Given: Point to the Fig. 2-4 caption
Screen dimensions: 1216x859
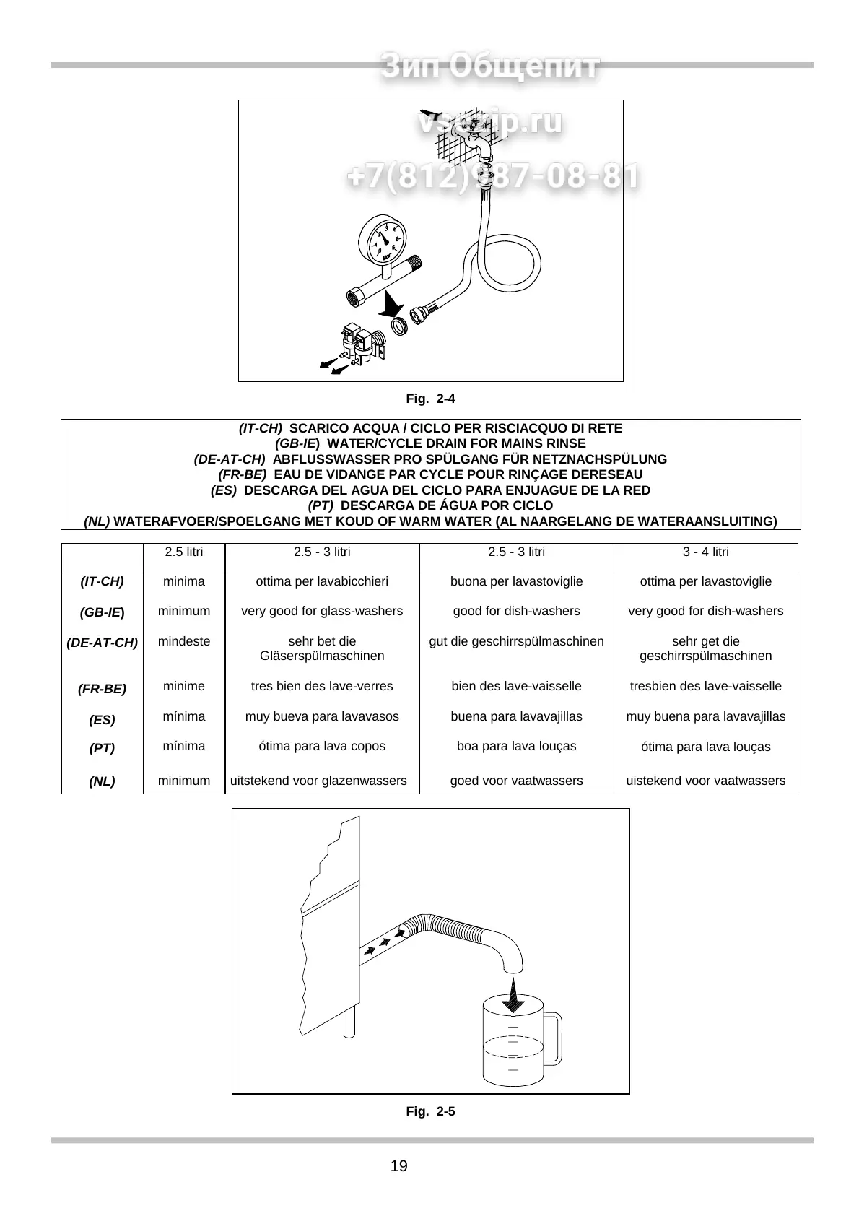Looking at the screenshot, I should coord(430,399).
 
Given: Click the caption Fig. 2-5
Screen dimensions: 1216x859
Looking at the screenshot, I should coord(430,1111).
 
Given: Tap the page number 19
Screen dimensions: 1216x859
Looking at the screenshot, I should coord(398,1166).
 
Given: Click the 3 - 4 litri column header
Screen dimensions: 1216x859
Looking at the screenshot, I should coord(705,552).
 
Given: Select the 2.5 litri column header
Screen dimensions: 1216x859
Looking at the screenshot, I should coord(184,552).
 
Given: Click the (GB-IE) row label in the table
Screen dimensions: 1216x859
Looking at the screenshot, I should coord(102,612).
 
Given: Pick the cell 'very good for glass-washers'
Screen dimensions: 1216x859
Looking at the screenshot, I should coord(322,612).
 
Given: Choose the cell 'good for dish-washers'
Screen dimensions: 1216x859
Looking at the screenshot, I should coord(516,612).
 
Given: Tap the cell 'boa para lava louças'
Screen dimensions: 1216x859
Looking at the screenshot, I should coord(516,746).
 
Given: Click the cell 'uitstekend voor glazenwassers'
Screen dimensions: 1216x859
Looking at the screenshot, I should coord(318,781).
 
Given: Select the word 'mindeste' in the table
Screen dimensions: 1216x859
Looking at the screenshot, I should coord(184,641).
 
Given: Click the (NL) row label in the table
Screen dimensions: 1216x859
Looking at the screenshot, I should coord(102,781).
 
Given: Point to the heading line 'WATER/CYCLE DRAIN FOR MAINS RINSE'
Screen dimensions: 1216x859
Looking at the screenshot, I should coord(430,443).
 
